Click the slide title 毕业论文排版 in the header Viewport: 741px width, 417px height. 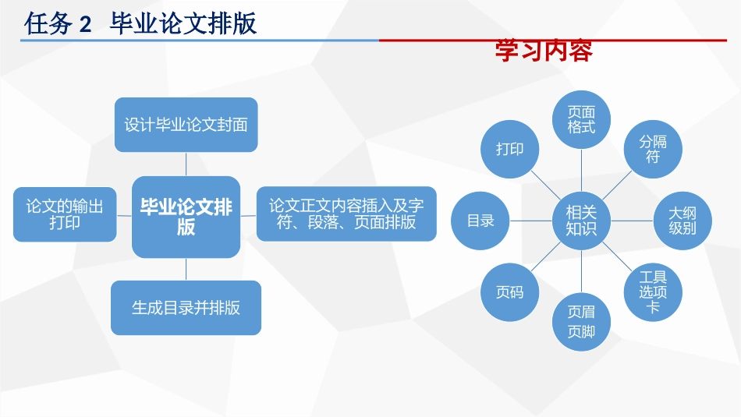(183, 24)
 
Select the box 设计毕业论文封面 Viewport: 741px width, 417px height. (186, 125)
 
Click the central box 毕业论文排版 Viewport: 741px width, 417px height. (186, 217)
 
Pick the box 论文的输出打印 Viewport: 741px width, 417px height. (65, 214)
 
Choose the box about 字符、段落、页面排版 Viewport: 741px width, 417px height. (346, 214)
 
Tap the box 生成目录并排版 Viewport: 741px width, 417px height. (186, 308)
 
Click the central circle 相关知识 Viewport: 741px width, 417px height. (581, 221)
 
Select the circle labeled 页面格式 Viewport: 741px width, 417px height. (581, 119)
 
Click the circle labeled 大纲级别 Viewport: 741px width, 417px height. (682, 221)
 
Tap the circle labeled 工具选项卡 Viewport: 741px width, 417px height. (653, 292)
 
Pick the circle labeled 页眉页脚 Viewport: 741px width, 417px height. (581, 322)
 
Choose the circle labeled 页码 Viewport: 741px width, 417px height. (509, 292)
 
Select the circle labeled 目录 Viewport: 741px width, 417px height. (480, 221)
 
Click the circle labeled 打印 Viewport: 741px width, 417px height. (509, 149)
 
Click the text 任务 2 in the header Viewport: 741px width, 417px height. (58, 24)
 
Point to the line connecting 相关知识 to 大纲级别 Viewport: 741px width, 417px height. (631, 221)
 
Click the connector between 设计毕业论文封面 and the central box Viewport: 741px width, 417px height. (186, 164)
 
